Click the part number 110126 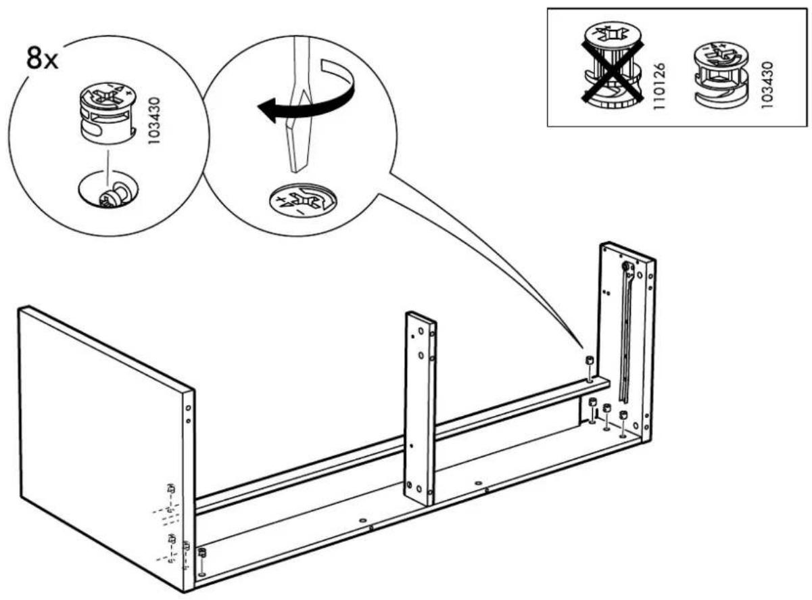coord(659,87)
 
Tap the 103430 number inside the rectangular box coord(767,85)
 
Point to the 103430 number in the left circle coord(155,120)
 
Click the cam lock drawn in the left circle coord(108,112)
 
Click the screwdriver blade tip coord(297,168)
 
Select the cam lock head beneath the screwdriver coord(303,202)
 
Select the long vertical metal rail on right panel coord(626,331)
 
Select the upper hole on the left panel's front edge coord(188,408)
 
